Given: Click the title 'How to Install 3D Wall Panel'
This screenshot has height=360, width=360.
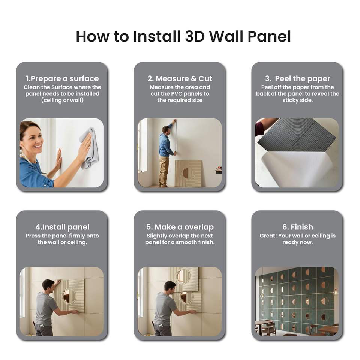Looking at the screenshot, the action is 183,37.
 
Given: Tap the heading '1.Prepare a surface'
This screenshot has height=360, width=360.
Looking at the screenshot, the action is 62,78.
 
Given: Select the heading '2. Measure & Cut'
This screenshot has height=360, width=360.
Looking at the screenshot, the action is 180,78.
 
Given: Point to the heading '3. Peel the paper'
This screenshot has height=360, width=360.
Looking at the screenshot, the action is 297,78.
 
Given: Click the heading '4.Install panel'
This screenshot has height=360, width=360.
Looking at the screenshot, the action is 62,227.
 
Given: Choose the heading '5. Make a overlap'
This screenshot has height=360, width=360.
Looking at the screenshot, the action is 180,227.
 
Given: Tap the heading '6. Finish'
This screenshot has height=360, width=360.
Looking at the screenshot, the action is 297,227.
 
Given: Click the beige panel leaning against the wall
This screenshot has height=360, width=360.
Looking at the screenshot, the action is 188,173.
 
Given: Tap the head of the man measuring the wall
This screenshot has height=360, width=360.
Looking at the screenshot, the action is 165,130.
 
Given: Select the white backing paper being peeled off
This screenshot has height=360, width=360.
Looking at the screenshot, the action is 296,169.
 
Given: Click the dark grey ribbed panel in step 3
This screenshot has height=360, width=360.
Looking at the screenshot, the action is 297,135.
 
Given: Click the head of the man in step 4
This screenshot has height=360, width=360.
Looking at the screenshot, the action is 48,285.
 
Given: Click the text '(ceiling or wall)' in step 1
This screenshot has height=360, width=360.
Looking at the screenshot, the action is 62,100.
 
